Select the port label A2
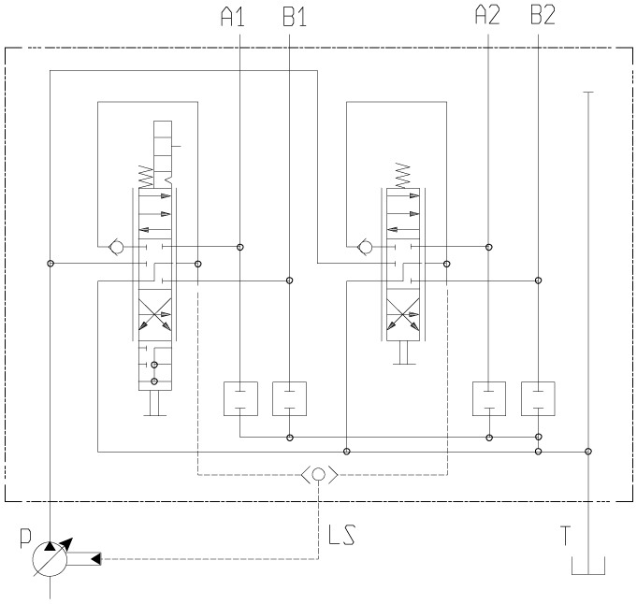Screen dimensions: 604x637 tap(488, 16)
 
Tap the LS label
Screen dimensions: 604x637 tap(341, 537)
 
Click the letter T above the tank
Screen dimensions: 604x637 tap(565, 536)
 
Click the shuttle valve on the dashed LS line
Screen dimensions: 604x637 tap(319, 474)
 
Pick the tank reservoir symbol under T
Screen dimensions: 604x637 tap(586, 568)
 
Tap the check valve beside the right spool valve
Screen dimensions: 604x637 tap(364, 248)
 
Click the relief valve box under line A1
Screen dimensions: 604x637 tap(241, 398)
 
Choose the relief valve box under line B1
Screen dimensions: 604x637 tap(289, 398)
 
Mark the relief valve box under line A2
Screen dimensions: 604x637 tap(489, 398)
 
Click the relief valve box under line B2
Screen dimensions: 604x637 tap(538, 398)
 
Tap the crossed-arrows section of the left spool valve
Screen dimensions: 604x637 tap(153, 317)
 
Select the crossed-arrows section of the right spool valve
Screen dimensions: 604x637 tap(404, 317)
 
